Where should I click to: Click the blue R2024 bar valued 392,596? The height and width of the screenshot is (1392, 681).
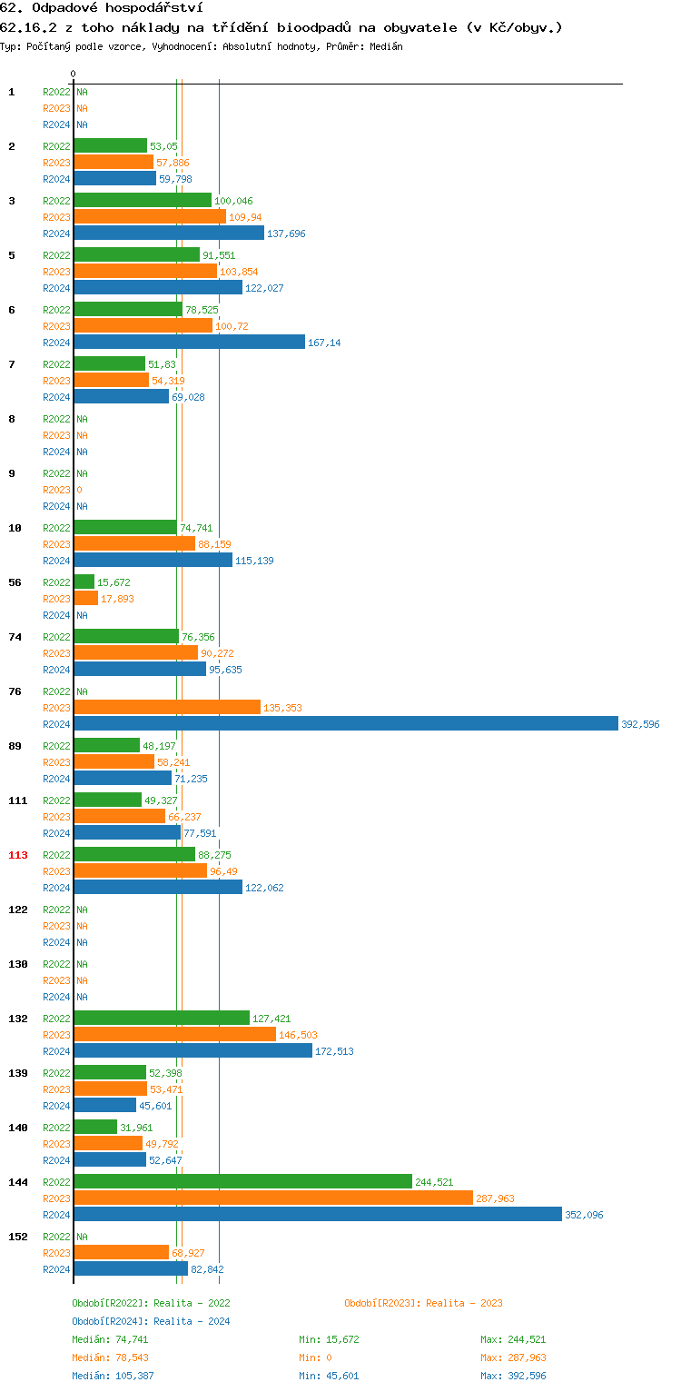click(x=345, y=723)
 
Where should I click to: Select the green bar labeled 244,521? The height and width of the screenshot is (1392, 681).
click(x=242, y=1181)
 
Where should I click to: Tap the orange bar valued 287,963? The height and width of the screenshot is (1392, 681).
click(x=272, y=1198)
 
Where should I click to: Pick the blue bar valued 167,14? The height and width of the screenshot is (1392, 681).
click(x=189, y=342)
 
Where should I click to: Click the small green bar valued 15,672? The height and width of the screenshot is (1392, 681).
click(x=84, y=582)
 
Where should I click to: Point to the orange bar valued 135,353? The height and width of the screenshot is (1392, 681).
click(x=166, y=707)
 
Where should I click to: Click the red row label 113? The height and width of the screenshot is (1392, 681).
click(x=18, y=855)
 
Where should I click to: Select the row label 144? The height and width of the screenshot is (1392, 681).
click(x=18, y=1182)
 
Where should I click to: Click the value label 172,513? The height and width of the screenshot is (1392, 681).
click(x=334, y=1051)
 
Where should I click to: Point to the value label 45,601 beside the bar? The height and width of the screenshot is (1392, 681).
click(x=155, y=1106)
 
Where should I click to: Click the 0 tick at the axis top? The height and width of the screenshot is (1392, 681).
click(x=74, y=74)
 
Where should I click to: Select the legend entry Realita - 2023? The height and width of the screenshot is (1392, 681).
click(x=423, y=1303)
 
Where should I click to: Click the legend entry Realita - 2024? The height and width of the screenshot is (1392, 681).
click(x=151, y=1321)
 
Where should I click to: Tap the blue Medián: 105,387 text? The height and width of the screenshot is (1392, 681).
click(x=119, y=1376)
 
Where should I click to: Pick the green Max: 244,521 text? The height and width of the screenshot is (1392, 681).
click(x=513, y=1339)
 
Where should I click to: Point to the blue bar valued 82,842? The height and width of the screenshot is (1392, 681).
click(x=130, y=1268)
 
